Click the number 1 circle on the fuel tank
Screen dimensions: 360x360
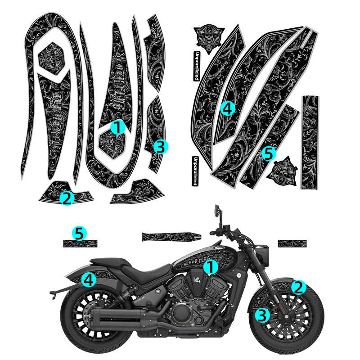[x=210, y=267]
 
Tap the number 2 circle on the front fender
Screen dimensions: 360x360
[x=298, y=287]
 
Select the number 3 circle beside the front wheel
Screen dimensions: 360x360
[x=262, y=315]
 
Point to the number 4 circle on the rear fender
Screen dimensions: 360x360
[x=89, y=280]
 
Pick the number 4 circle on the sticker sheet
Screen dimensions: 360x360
[x=228, y=108]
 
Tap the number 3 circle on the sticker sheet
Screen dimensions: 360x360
[x=161, y=146]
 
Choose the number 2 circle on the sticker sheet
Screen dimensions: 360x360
[x=67, y=198]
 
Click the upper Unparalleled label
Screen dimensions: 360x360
[x=196, y=66]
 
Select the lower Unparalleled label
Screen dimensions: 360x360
[x=195, y=171]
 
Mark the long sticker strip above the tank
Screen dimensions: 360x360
[x=171, y=236]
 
